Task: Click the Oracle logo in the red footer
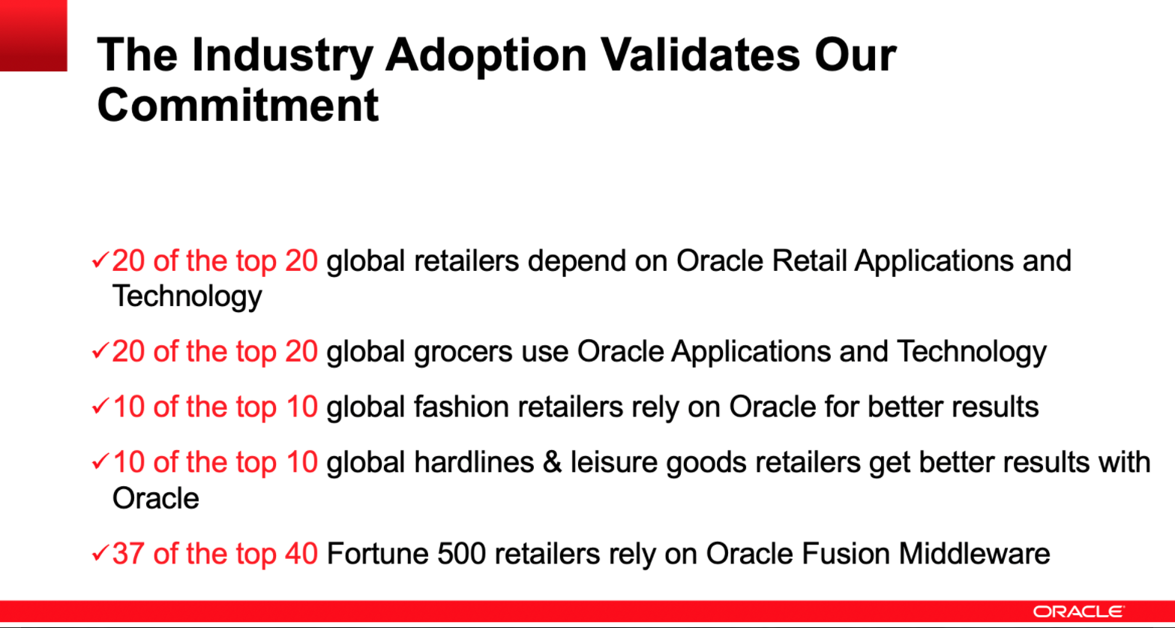(x=1078, y=611)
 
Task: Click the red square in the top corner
(x=34, y=35)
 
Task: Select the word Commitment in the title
(x=238, y=105)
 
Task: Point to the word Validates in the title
(x=701, y=55)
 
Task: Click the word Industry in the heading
(x=283, y=56)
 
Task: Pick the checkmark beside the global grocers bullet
(x=100, y=350)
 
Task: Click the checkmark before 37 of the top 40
(x=100, y=553)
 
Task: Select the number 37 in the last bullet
(x=128, y=554)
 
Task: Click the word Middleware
(x=974, y=554)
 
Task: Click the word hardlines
(x=474, y=462)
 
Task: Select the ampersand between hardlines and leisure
(x=553, y=463)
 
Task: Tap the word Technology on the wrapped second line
(x=187, y=296)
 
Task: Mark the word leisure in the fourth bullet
(x=614, y=462)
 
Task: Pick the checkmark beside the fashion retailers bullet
(x=100, y=406)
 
